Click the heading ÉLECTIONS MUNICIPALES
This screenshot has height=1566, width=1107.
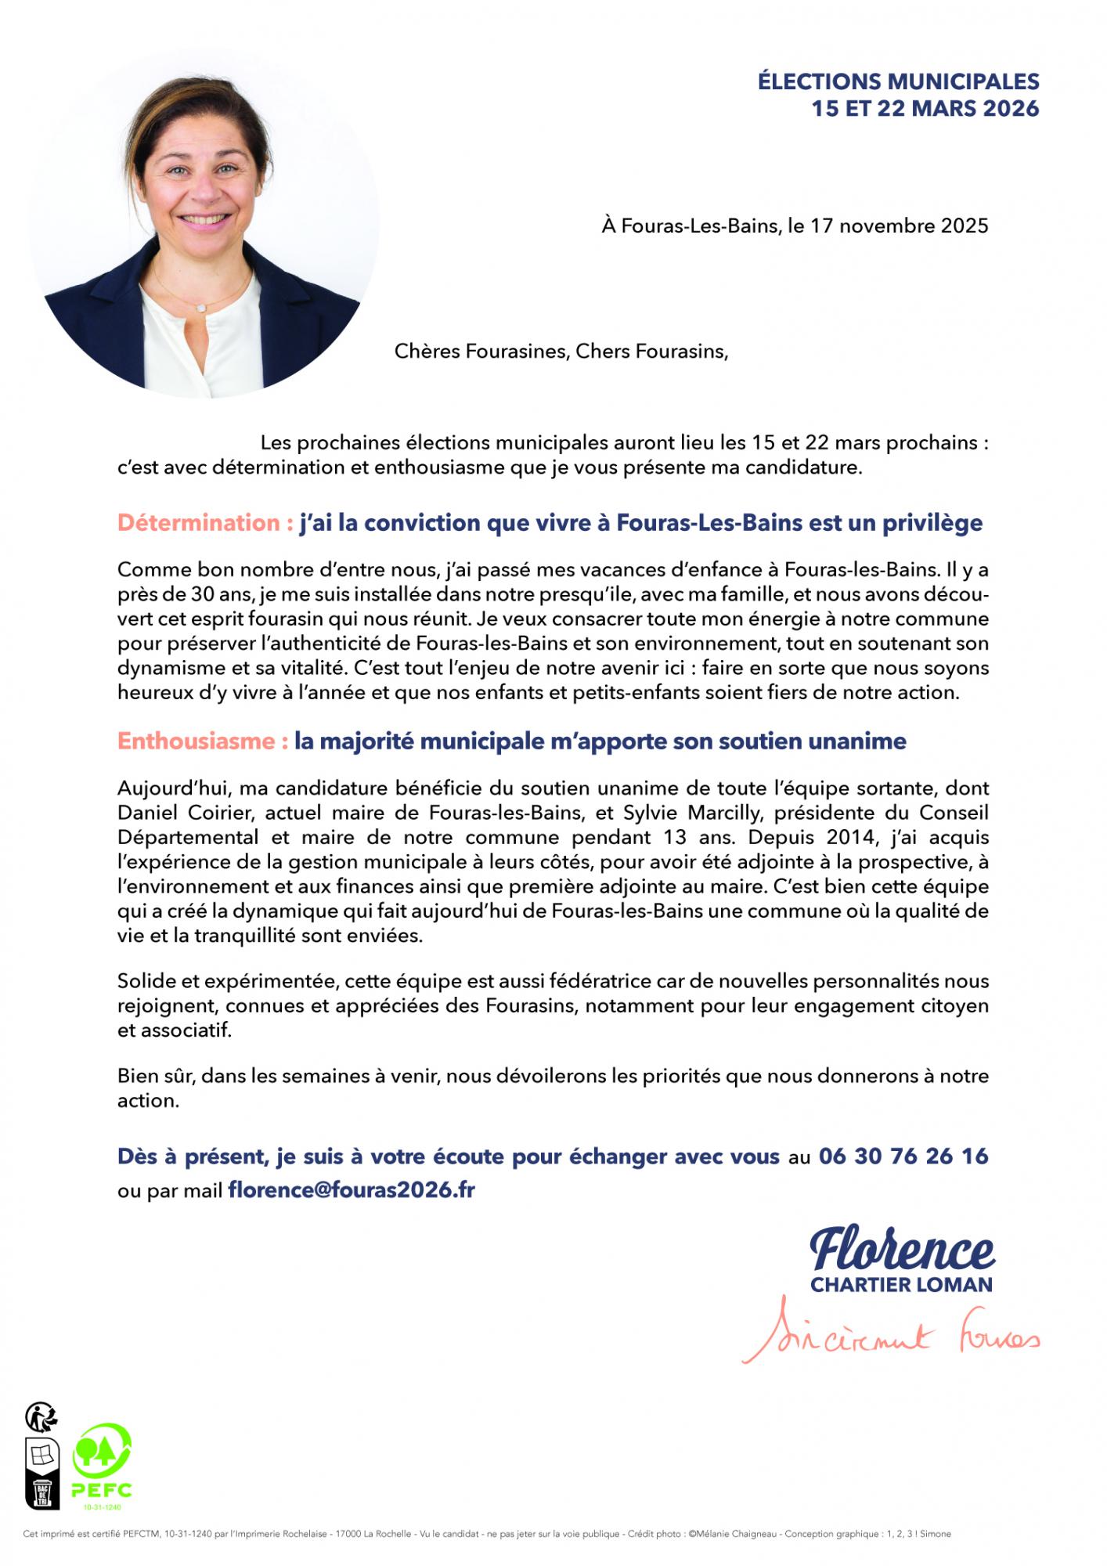click(x=898, y=81)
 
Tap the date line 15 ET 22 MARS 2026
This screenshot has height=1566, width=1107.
click(x=925, y=109)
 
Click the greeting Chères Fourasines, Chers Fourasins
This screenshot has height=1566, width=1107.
click(x=561, y=352)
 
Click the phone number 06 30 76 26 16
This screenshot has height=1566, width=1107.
click(x=903, y=1156)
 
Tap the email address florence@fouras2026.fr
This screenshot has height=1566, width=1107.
click(x=352, y=1191)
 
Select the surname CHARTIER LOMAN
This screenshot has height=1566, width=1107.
click(x=901, y=1285)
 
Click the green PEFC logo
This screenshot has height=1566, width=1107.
click(x=102, y=1465)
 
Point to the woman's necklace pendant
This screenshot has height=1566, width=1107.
click(x=203, y=309)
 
